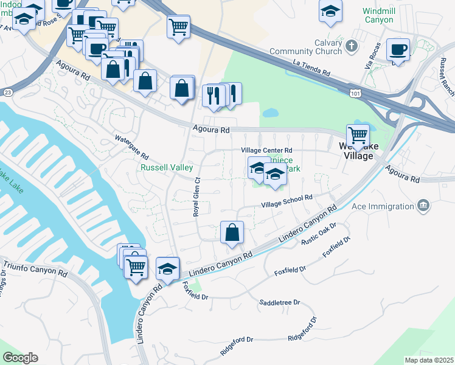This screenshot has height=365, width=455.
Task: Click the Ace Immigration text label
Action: pyautogui.click(x=384, y=206)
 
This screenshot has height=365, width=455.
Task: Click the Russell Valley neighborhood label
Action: pyautogui.click(x=167, y=167)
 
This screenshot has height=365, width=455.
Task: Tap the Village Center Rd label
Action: pyautogui.click(x=266, y=150)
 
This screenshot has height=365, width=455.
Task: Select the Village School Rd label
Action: pyautogui.click(x=287, y=201)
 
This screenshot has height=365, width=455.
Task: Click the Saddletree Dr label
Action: pyautogui.click(x=280, y=302)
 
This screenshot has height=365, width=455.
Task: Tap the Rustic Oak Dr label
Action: pyautogui.click(x=319, y=234)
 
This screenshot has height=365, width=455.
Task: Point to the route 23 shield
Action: pyautogui.click(x=7, y=92)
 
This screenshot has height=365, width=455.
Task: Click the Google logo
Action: pyautogui.click(x=20, y=358)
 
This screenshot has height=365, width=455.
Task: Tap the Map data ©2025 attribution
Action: pyautogui.click(x=429, y=360)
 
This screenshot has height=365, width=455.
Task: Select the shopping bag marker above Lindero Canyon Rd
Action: pyautogui.click(x=232, y=232)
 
